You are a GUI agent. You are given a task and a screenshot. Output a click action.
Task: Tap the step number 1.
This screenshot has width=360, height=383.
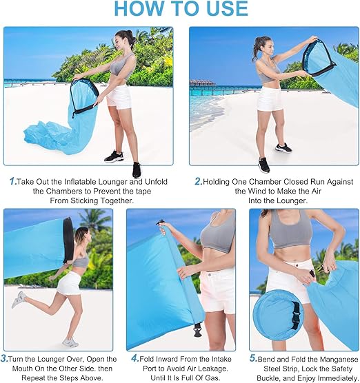point(12,181)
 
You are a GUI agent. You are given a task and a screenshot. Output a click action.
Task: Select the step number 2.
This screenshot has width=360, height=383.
point(198,181)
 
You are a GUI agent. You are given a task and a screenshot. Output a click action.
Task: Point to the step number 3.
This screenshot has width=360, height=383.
point(4,359)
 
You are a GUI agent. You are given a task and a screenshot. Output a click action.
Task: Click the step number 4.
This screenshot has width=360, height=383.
point(135,359)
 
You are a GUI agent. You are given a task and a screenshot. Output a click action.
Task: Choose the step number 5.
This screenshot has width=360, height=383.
point(253,359)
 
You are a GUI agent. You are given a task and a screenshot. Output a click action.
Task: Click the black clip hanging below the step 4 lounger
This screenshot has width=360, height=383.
point(197,330)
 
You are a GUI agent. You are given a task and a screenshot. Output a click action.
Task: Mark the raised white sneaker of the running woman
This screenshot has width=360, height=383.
point(19,300)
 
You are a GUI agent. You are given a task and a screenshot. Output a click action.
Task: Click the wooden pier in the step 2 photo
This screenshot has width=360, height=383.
point(203,87)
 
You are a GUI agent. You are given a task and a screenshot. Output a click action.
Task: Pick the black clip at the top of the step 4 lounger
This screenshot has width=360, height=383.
point(161,222)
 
